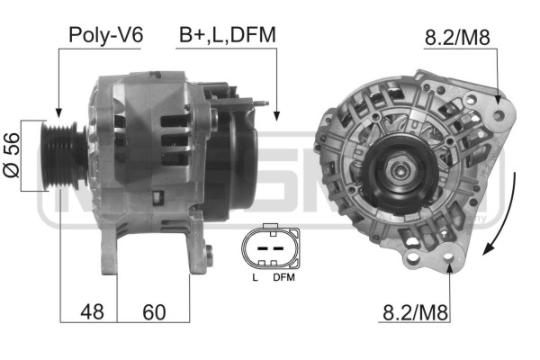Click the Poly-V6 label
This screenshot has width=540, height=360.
pyautogui.click(x=105, y=35)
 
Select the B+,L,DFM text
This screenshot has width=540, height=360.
pyautogui.click(x=227, y=35)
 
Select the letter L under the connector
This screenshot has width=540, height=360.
pyautogui.click(x=256, y=277)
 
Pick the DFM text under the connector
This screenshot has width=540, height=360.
pyautogui.click(x=283, y=277)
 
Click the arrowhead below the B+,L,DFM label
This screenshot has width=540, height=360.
pyautogui.click(x=276, y=114)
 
